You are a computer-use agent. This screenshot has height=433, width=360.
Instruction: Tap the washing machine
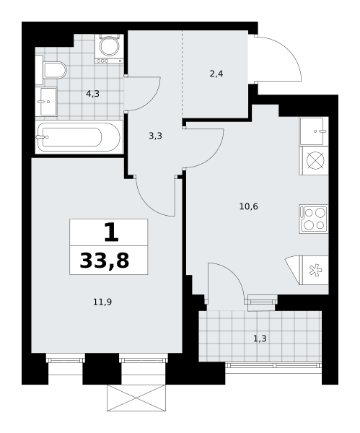110,48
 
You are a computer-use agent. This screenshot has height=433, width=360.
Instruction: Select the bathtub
79,136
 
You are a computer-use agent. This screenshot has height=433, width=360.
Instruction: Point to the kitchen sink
314,131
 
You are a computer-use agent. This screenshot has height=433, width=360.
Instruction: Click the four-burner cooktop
314,219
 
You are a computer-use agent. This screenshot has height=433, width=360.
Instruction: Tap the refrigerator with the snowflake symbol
307,270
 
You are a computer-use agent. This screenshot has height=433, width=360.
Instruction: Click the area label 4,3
93,94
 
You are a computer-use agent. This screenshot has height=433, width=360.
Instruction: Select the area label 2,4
216,74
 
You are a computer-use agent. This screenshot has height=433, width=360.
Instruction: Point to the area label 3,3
155,136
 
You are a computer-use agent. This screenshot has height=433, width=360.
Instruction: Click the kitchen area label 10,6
248,206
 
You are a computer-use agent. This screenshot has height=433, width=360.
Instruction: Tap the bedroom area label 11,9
102,302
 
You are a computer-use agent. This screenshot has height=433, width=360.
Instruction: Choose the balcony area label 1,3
260,338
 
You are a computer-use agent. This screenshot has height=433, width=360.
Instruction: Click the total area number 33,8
105,261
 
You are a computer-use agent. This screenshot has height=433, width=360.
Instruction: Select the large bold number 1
111,232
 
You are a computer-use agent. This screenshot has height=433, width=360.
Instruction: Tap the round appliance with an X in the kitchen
314,160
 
